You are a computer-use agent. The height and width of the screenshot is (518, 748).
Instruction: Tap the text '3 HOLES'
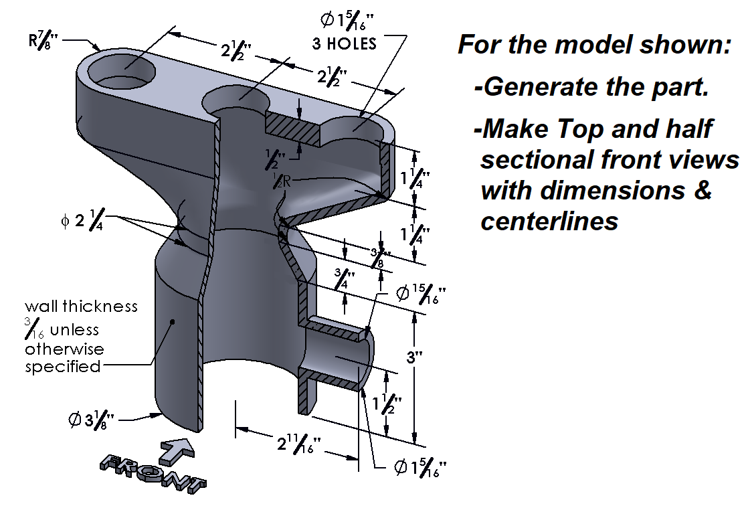tap(345, 45)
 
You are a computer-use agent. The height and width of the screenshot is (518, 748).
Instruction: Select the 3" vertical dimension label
tap(415, 357)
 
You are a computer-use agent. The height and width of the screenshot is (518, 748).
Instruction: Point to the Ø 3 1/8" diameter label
tap(92, 420)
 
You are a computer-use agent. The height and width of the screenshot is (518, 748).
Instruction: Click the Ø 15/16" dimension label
tap(420, 295)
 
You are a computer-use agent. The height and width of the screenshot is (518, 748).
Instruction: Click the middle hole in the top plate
tap(236, 102)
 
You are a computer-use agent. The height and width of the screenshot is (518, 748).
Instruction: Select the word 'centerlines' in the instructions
tap(549, 221)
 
